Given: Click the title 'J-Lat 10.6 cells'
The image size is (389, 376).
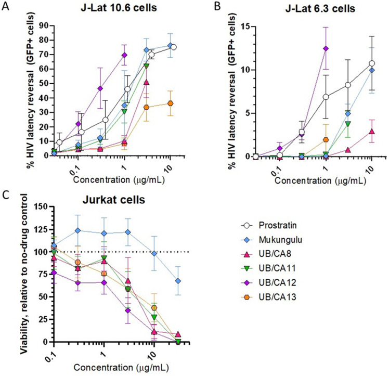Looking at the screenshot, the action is coord(119,8).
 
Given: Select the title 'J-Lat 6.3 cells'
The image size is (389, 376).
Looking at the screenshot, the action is coord(320,9).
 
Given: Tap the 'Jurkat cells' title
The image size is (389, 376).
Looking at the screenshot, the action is coord(114,200).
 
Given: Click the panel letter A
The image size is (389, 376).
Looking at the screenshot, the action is coord(5,6).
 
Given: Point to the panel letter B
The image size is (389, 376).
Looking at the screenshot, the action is coord(217,6).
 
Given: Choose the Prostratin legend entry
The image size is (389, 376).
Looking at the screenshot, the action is coord(269,226).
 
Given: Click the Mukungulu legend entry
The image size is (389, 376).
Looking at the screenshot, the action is coord(271,240).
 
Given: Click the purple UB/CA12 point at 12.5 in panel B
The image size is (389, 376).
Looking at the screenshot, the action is coord(326,48).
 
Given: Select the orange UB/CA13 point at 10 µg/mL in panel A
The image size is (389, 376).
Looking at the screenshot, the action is coord(170,103).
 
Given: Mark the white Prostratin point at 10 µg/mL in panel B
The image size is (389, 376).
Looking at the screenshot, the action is coord(372,63).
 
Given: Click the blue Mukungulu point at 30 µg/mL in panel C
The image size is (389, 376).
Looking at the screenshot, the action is coord(178,281).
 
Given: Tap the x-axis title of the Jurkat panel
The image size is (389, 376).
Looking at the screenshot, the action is coord(121,368).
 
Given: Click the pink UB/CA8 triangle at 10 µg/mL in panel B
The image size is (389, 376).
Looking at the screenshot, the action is coord(372,132).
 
